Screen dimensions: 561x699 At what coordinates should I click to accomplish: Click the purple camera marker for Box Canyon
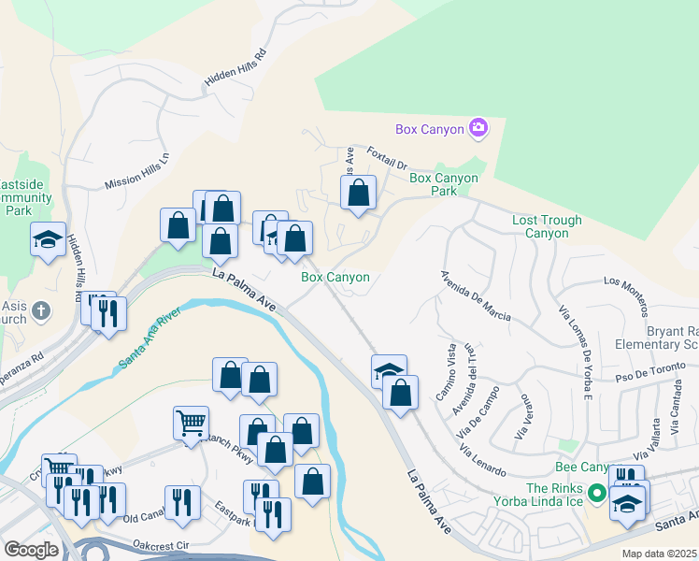(x=479, y=127)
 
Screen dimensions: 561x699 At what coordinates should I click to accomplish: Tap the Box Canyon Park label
(x=444, y=184)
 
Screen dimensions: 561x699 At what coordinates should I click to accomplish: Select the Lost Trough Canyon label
(x=547, y=226)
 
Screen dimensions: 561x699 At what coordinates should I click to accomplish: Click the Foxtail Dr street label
(x=386, y=160)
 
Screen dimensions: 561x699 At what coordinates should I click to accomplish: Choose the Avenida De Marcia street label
(x=476, y=297)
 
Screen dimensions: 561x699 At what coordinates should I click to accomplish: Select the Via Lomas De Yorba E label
(x=575, y=352)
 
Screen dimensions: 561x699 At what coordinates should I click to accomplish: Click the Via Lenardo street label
(x=482, y=461)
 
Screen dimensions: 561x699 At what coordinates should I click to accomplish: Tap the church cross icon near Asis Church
(x=40, y=309)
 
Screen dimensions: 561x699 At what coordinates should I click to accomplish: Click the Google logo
(x=32, y=549)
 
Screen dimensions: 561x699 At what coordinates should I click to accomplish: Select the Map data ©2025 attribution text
(x=659, y=554)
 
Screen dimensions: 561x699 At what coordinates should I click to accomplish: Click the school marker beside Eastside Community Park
(x=48, y=239)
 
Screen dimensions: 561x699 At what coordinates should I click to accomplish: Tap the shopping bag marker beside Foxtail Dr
(x=358, y=194)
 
